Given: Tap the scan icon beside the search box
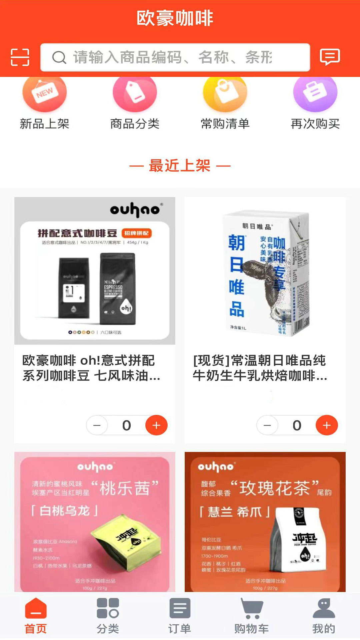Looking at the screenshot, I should coord(20,57).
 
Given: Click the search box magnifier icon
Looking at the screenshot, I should coord(59,57).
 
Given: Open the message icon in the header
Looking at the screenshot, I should coord(330,57).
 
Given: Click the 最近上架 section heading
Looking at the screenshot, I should coord(180,166).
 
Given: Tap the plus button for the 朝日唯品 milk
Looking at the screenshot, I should coord(327,425).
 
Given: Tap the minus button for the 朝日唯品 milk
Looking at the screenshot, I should coord(267,425).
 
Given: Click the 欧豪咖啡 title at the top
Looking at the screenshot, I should coord(175,18).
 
